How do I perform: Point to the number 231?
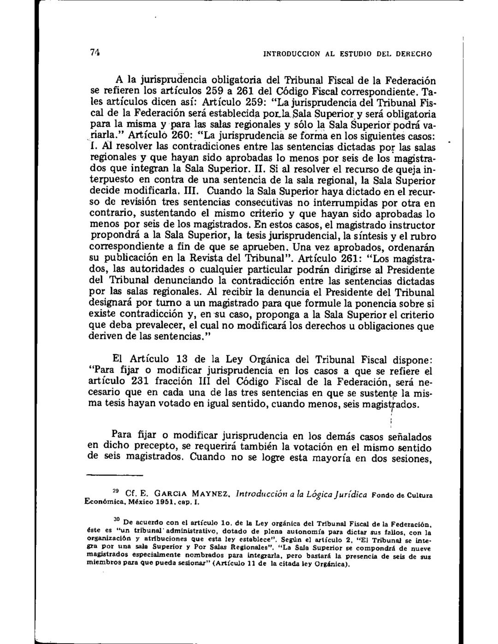[142, 382]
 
